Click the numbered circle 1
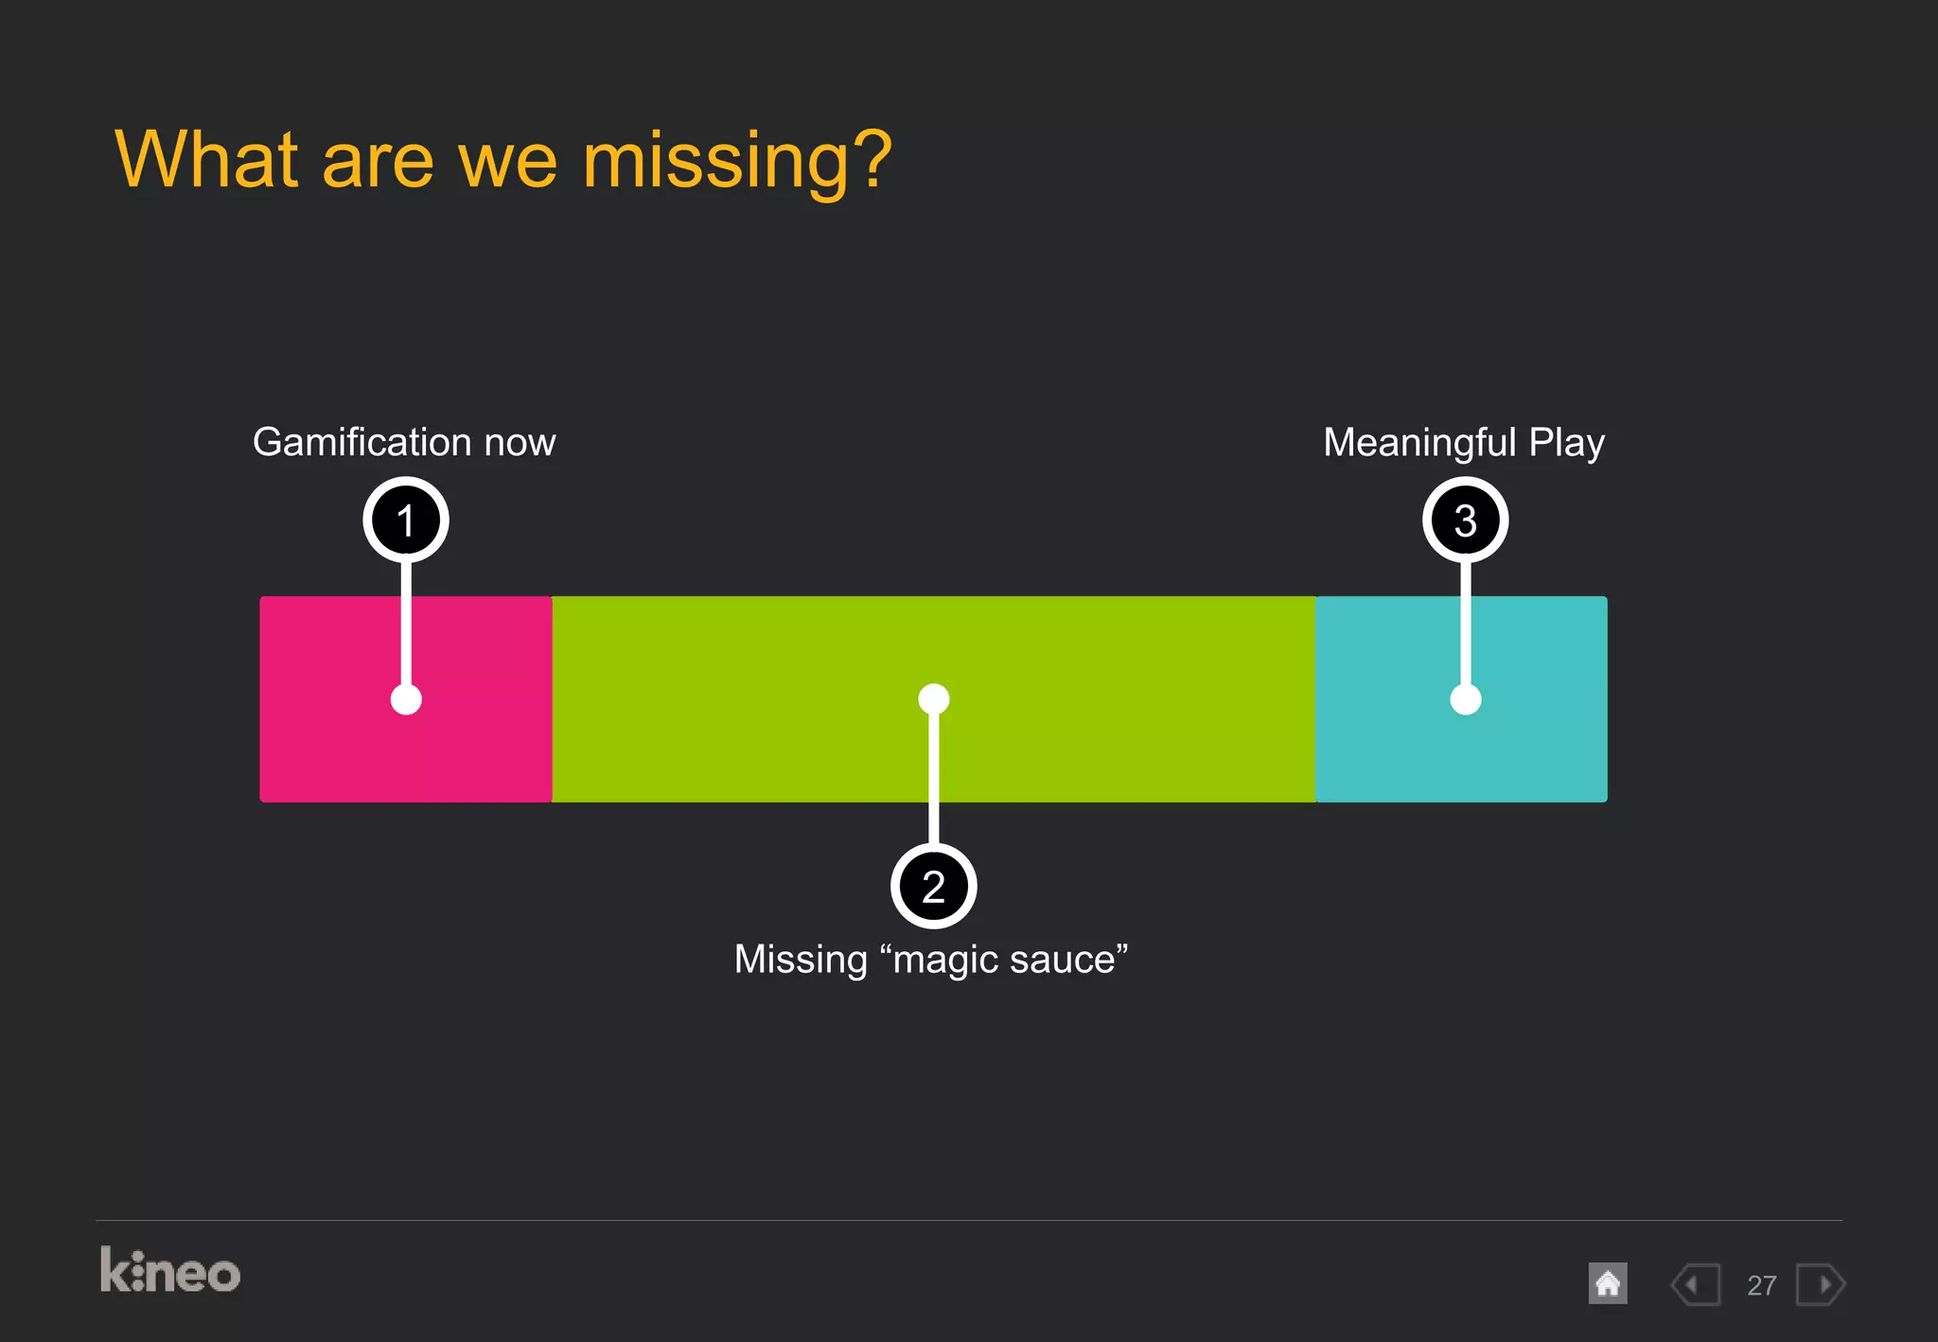pyautogui.click(x=406, y=520)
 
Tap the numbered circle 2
pyautogui.click(x=933, y=887)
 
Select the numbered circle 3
pyautogui.click(x=1465, y=520)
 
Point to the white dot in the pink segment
pyautogui.click(x=406, y=699)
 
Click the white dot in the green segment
pyautogui.click(x=933, y=698)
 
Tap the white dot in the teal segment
pyautogui.click(x=1465, y=699)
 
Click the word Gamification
pyautogui.click(x=361, y=442)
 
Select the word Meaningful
pyautogui.click(x=1419, y=442)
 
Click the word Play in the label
pyautogui.click(x=1567, y=442)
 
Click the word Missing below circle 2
pyautogui.click(x=801, y=959)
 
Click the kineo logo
pyautogui.click(x=170, y=1271)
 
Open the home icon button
pyautogui.click(x=1607, y=1284)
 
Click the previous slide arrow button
pyautogui.click(x=1695, y=1284)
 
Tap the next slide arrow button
pyautogui.click(x=1821, y=1284)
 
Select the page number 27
pyautogui.click(x=1761, y=1285)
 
